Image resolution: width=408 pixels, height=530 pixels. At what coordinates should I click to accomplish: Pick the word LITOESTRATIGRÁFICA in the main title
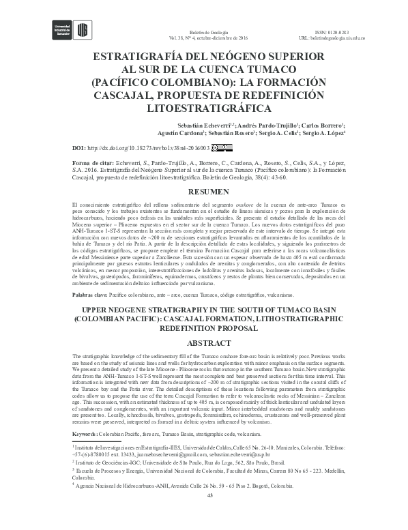tap(203, 108)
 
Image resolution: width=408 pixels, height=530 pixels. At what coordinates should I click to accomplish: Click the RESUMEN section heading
tap(203, 192)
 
